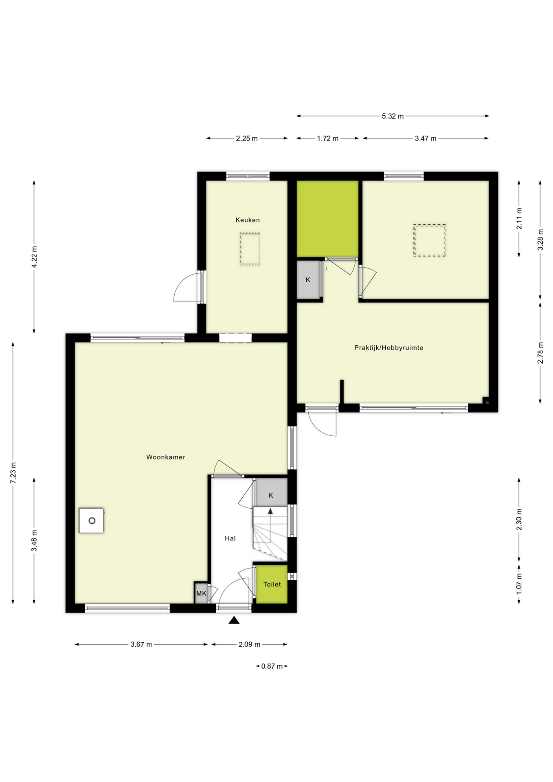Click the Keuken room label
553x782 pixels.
(x=247, y=220)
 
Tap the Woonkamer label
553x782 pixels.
(x=166, y=457)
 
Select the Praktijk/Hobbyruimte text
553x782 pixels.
(x=388, y=348)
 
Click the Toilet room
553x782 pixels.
(x=272, y=584)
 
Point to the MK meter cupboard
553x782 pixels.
(x=201, y=593)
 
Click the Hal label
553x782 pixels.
(x=230, y=538)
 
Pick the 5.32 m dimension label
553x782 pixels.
(x=393, y=116)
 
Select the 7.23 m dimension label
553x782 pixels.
(x=13, y=473)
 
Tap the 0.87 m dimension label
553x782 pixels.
(x=272, y=666)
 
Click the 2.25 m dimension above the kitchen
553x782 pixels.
(x=247, y=138)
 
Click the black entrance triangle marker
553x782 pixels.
(x=234, y=620)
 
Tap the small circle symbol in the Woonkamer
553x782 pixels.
(x=92, y=521)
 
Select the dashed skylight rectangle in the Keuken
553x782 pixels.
(x=250, y=249)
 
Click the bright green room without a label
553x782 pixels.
(x=327, y=219)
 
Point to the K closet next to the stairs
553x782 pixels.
(x=271, y=495)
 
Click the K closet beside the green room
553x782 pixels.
(x=308, y=280)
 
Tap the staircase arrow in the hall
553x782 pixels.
(x=270, y=512)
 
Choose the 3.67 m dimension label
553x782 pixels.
(x=141, y=644)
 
